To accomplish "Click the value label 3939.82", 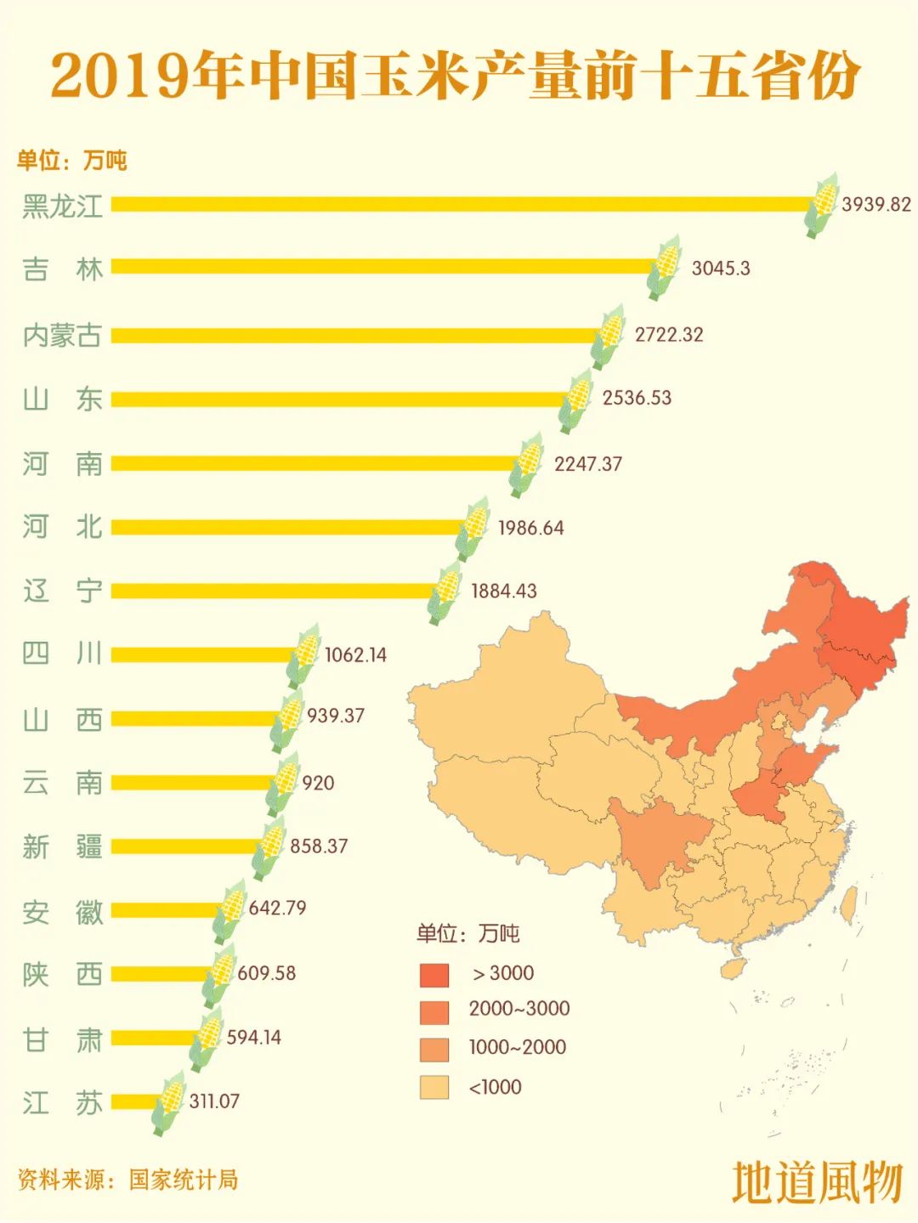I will point(875,205).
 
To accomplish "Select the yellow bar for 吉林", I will point(382,267).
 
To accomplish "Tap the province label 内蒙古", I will point(62,335).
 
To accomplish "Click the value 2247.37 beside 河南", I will point(588,464).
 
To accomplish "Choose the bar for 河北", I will point(289,528).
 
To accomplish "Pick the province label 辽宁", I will point(62,591).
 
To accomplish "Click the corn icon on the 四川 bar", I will point(303,655).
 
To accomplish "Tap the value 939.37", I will point(336,716).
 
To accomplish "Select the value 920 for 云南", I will point(318,783).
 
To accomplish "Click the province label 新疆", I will point(62,846).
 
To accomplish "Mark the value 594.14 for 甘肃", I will point(253,1037).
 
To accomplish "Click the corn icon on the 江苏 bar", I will point(168,1102).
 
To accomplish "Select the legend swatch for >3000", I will point(433,974).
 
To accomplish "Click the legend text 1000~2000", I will point(517,1047).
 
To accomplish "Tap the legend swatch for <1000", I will point(433,1088).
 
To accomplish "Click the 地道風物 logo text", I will point(816,1182).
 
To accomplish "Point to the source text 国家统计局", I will point(184,1180).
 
